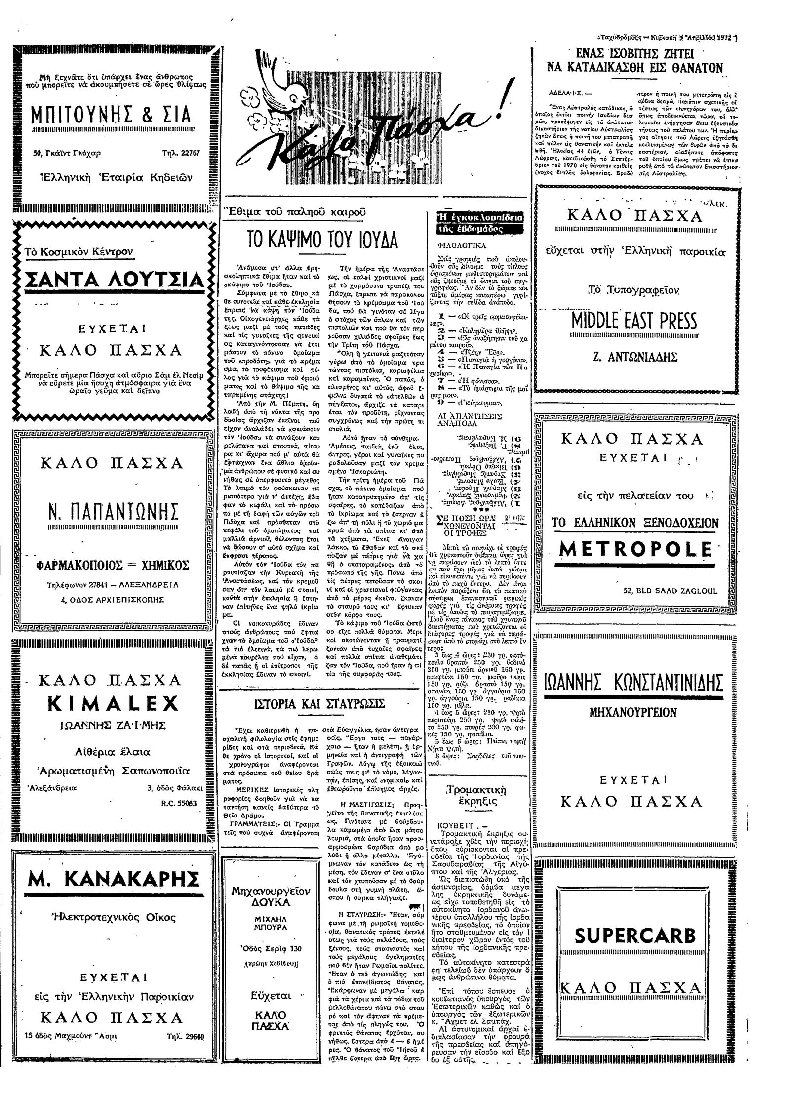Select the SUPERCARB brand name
(635, 935)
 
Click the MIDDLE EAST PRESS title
(634, 322)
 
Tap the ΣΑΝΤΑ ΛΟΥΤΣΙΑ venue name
(114, 281)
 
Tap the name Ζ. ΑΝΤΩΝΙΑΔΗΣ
(634, 357)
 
